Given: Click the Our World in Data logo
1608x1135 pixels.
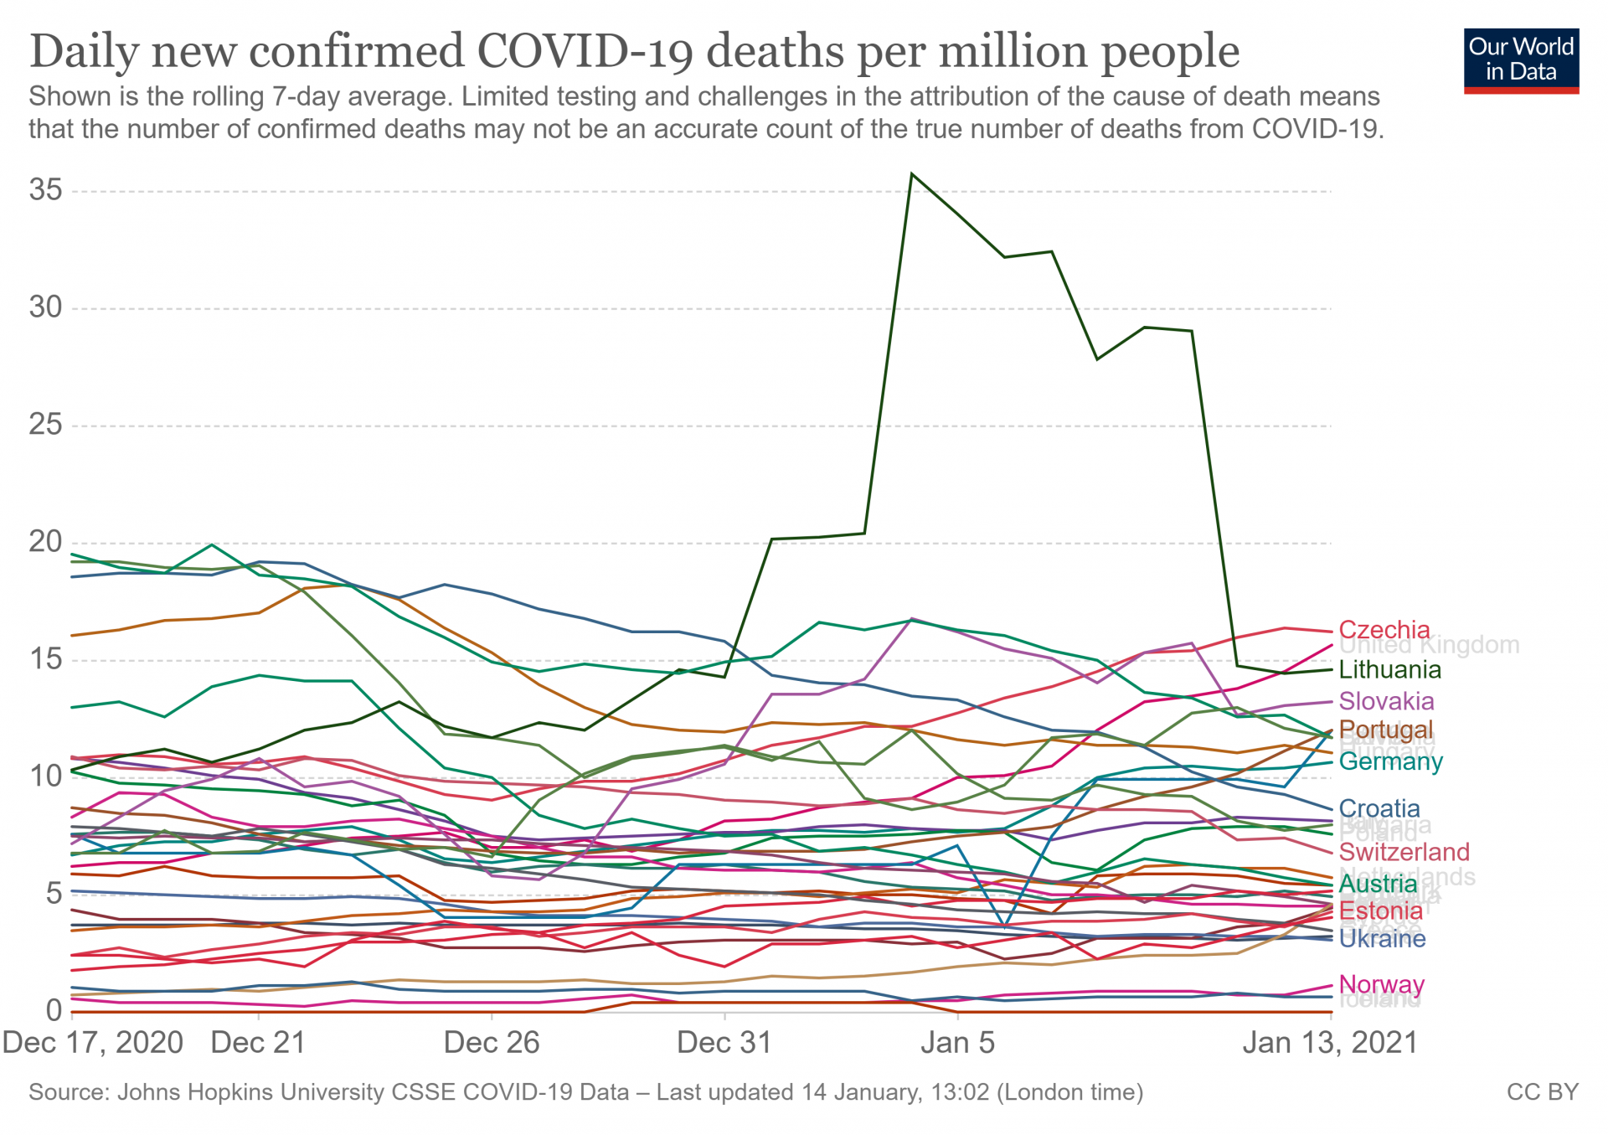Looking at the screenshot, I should point(1521,60).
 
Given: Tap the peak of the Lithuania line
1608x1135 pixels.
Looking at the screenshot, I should point(911,174).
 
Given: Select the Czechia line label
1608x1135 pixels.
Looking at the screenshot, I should point(1384,630).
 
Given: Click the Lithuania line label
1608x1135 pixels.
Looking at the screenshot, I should point(1390,669).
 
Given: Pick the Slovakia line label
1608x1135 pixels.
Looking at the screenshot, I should point(1386,701).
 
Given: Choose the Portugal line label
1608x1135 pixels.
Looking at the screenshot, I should point(1386,730).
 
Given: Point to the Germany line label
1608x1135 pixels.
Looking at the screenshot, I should point(1391,761).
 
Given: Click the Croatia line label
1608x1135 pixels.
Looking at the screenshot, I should point(1379,808).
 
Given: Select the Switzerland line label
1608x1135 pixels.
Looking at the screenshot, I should point(1404,852).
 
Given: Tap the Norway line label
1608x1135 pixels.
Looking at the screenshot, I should point(1382,984).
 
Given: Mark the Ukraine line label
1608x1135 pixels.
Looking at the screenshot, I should point(1383,938).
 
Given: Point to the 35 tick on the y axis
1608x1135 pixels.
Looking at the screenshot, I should point(46,190).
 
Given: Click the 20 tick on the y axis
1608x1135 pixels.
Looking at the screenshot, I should point(46,542).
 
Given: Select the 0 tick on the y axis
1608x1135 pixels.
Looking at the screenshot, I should point(54,1010).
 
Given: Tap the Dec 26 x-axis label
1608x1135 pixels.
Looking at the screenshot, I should point(492,1043).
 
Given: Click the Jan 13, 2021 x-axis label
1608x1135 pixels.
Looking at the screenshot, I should point(1330,1043).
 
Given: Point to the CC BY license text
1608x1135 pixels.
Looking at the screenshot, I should point(1542,1092).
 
